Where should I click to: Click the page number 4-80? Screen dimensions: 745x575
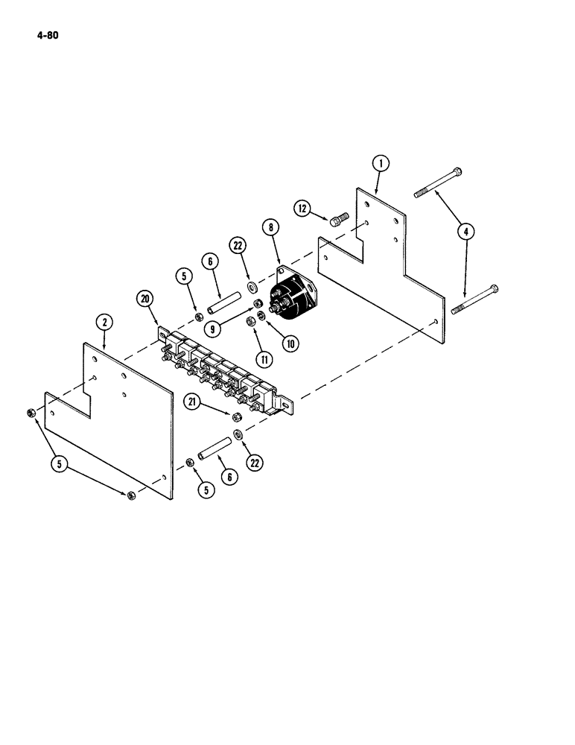pos(44,34)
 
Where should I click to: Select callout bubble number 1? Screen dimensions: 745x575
pos(381,163)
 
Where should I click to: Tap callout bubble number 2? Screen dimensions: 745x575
pos(104,323)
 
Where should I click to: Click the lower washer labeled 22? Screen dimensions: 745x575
pos(238,434)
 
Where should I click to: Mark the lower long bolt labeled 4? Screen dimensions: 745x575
pos(474,299)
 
